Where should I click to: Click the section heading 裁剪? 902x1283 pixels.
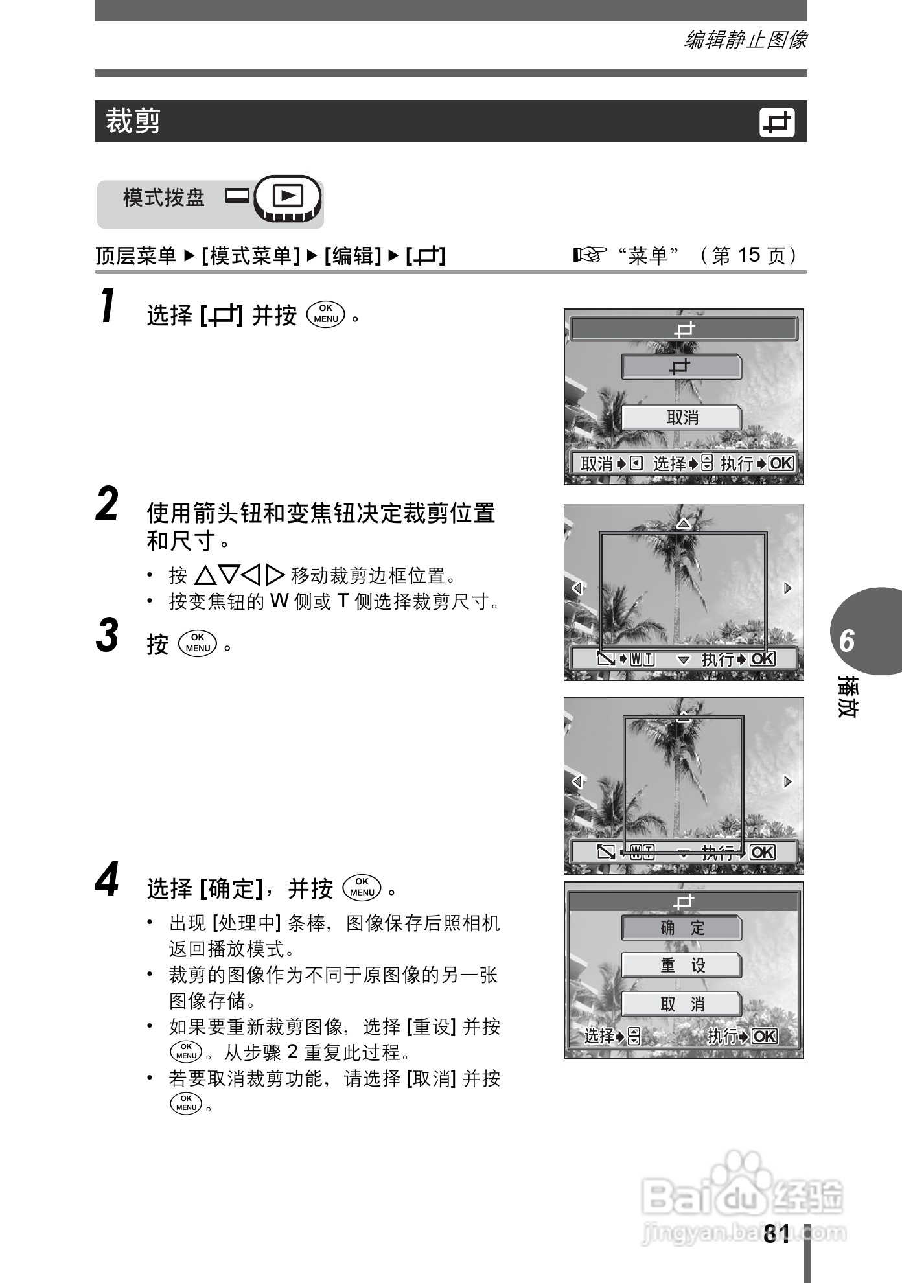133,121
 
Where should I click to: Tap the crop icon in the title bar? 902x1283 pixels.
776,122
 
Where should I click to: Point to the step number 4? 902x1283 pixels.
108,879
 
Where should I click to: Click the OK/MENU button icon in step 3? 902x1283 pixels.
198,643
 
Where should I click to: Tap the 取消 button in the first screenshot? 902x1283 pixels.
682,418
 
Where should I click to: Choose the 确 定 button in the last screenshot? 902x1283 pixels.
682,928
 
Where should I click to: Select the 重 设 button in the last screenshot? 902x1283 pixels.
682,965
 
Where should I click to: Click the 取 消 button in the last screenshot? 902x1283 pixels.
682,1004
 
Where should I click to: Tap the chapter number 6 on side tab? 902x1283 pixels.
848,641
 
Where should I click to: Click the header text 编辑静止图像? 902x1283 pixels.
745,40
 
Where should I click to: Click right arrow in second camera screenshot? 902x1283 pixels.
787,588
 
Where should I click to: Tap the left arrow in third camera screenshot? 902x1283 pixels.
577,781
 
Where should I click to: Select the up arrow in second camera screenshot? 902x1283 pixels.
683,523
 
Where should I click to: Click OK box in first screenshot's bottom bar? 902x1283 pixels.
781,463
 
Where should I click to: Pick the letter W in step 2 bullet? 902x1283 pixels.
279,601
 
